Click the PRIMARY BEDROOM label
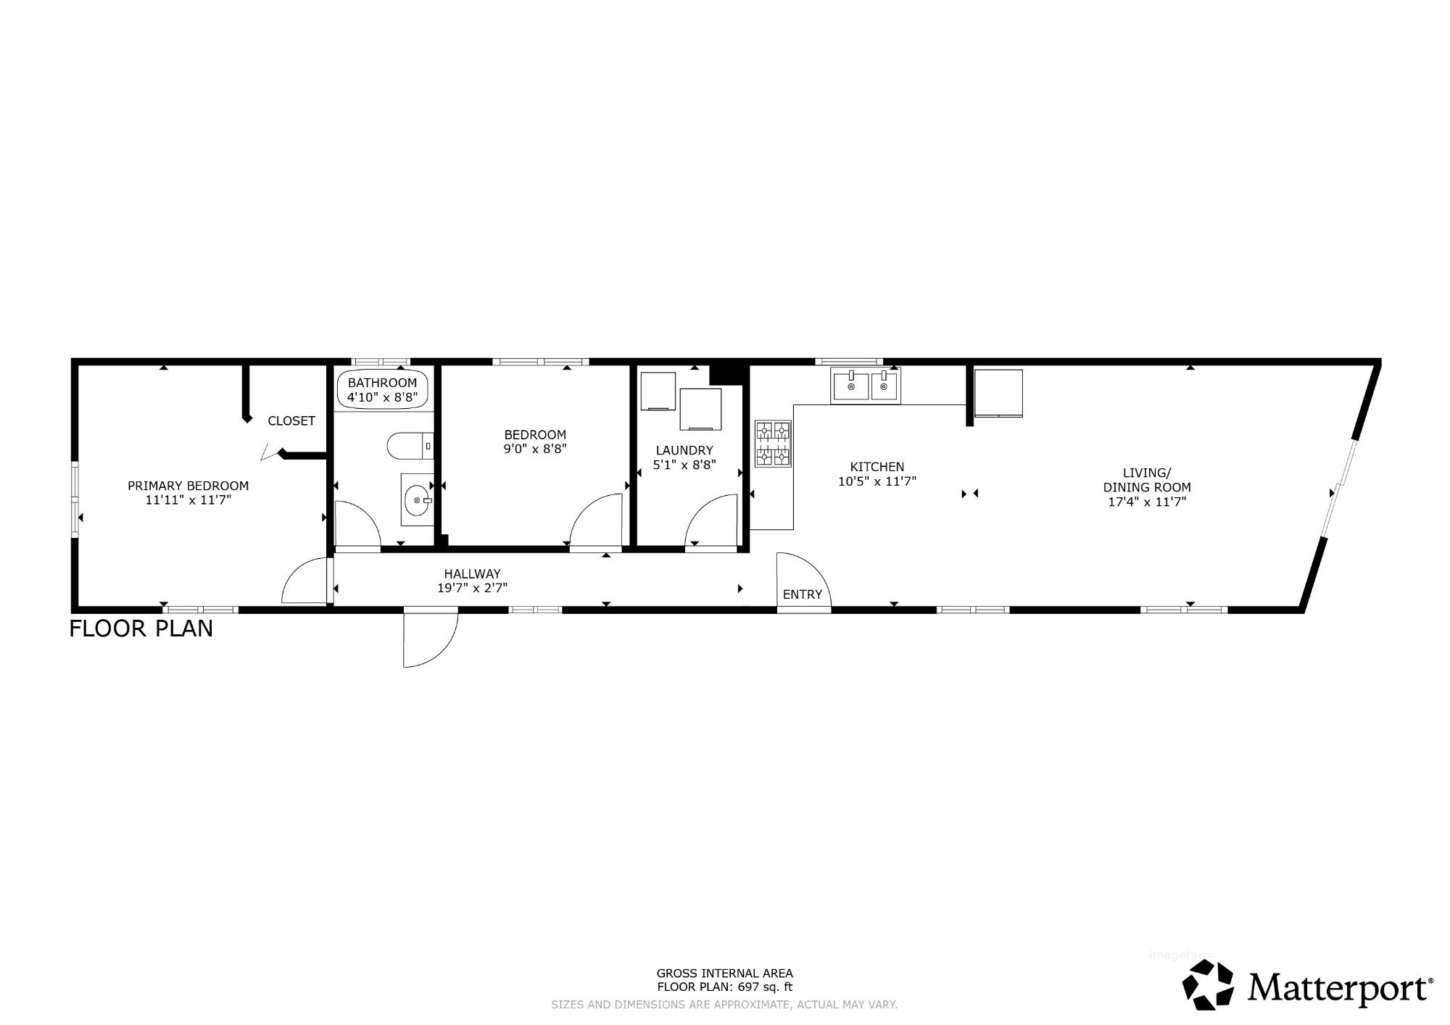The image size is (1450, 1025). pos(188,486)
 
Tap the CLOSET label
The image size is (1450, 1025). pos(291,420)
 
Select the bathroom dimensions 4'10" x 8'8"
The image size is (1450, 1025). pos(383,397)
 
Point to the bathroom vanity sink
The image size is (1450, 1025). pos(417,499)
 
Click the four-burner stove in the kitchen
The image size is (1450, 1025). pos(773,444)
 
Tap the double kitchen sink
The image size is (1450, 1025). pos(864,386)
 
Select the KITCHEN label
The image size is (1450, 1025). pos(877,467)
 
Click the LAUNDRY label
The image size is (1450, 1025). pos(684,450)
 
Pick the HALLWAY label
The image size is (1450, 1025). pos(473,573)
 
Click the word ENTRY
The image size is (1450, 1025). pos(803,594)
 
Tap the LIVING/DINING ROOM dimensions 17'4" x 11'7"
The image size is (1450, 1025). pos(1147,501)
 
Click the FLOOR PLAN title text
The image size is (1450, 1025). pos(141,628)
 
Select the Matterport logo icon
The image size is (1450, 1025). pos(1208,984)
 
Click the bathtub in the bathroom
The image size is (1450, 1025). pos(383,390)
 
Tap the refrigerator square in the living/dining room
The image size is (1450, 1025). pos(998,393)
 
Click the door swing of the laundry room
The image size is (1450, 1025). pos(711,519)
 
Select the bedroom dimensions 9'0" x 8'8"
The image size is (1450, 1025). pos(535,448)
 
